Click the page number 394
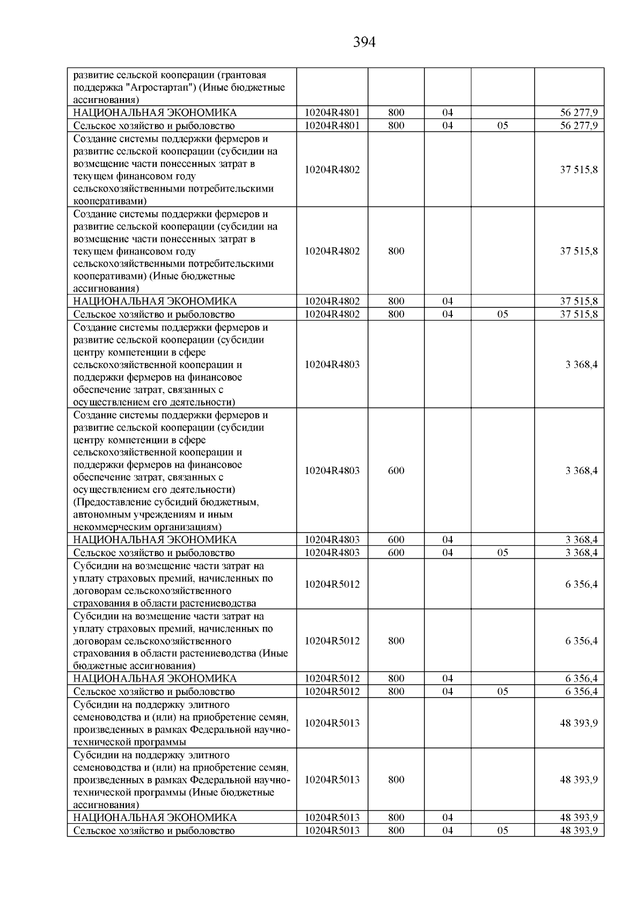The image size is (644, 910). pos(364,42)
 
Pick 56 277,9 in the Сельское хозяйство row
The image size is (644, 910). pos(579,125)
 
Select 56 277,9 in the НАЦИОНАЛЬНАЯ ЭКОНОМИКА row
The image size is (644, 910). pos(579,113)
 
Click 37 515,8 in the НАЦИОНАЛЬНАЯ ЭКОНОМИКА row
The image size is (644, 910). pos(579,301)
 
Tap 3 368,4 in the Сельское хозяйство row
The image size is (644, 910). pos(581,553)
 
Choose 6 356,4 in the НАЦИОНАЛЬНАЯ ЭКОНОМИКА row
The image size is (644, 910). pos(581,678)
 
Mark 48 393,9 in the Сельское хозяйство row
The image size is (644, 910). pos(579,831)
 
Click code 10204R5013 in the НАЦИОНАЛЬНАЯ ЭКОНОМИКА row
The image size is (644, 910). pos(332,818)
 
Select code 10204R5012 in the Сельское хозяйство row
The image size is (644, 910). pos(332,692)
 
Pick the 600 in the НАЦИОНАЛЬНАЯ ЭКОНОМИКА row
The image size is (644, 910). pos(396,540)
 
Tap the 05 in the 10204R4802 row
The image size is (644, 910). pos(502,314)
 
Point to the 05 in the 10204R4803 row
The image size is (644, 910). pos(502,553)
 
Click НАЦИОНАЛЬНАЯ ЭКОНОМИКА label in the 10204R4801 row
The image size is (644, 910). pos(155,113)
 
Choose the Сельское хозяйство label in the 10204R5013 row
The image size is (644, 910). pos(154,831)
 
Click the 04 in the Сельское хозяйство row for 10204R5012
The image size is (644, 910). pos(448,692)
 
